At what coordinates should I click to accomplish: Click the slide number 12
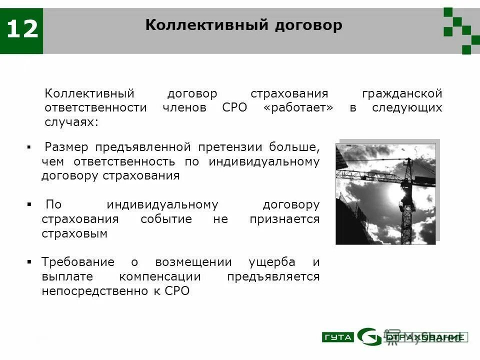(x=21, y=29)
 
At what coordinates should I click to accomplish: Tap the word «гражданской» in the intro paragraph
(x=402, y=93)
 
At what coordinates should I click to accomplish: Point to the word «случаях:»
(x=71, y=122)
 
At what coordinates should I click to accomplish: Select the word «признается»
(x=284, y=219)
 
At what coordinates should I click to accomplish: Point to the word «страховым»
(x=74, y=233)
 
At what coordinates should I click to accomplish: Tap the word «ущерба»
(x=272, y=262)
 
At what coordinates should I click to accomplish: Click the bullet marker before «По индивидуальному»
(x=29, y=205)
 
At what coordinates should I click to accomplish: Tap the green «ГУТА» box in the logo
(x=337, y=337)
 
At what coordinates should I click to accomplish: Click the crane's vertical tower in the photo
(x=406, y=200)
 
